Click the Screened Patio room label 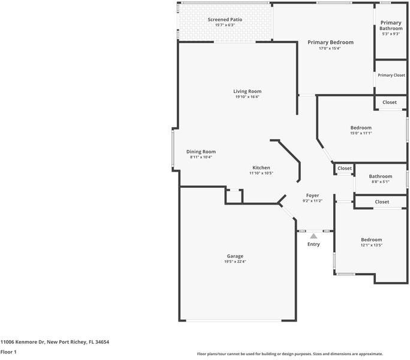pyautogui.click(x=225, y=19)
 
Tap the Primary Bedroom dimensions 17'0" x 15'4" pyautogui.click(x=330, y=48)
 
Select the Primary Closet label pyautogui.click(x=391, y=75)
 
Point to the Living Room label pyautogui.click(x=248, y=91)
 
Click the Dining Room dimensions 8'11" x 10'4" pyautogui.click(x=201, y=157)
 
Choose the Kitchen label pyautogui.click(x=261, y=167)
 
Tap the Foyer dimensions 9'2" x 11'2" pyautogui.click(x=312, y=201)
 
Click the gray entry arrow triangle pyautogui.click(x=313, y=236)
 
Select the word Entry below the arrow pyautogui.click(x=313, y=244)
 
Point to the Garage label pyautogui.click(x=235, y=256)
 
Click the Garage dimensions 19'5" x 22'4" pyautogui.click(x=235, y=261)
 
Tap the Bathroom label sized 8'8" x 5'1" pyautogui.click(x=381, y=176)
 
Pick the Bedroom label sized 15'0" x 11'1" pyautogui.click(x=361, y=128)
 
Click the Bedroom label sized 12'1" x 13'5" pyautogui.click(x=371, y=239)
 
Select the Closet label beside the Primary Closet pyautogui.click(x=390, y=102)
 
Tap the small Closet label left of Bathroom pyautogui.click(x=345, y=168)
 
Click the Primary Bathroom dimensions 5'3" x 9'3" pyautogui.click(x=391, y=34)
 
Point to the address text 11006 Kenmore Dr pyautogui.click(x=23, y=342)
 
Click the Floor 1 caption pyautogui.click(x=8, y=352)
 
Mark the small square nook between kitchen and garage pyautogui.click(x=234, y=196)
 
